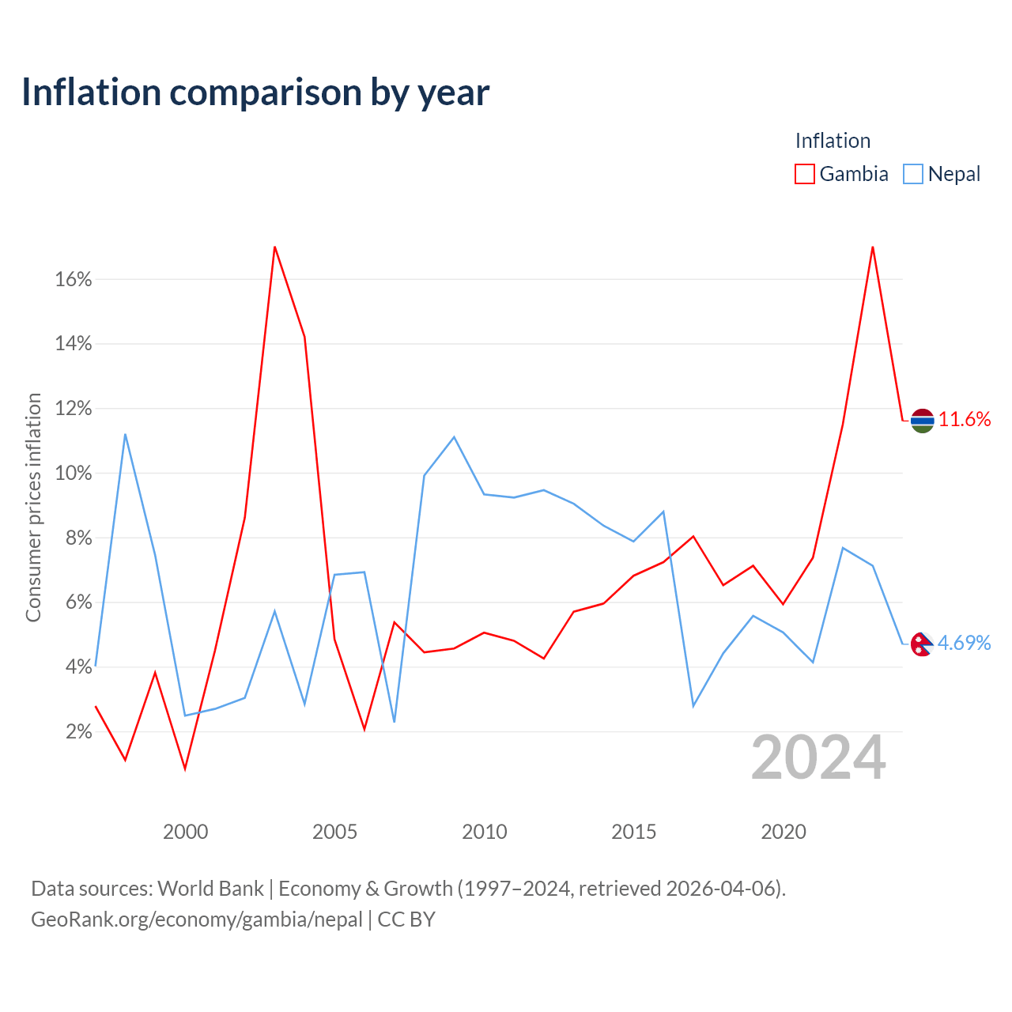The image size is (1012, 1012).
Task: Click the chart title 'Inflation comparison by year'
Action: pyautogui.click(x=255, y=93)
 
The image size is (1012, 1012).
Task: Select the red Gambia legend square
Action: pyautogui.click(x=805, y=174)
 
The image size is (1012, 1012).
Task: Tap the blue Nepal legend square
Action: pyautogui.click(x=912, y=174)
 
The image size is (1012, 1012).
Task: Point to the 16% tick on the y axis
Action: pyautogui.click(x=74, y=279)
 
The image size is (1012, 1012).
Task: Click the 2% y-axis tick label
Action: pyautogui.click(x=79, y=731)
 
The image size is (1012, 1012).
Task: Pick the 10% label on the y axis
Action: pyautogui.click(x=74, y=473)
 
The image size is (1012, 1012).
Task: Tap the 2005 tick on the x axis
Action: pyautogui.click(x=334, y=832)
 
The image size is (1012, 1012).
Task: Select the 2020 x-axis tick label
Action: pyautogui.click(x=784, y=832)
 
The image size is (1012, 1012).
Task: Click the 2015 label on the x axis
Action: pyautogui.click(x=634, y=832)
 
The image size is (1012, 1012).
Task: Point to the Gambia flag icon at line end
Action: pyautogui.click(x=922, y=421)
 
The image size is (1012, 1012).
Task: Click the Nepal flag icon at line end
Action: pyautogui.click(x=922, y=644)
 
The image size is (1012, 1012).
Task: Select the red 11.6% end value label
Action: pyautogui.click(x=965, y=420)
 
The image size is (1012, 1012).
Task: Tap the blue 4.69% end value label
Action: pyautogui.click(x=965, y=643)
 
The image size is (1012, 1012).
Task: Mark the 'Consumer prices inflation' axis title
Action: pyautogui.click(x=33, y=508)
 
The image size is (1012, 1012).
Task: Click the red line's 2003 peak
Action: pyautogui.click(x=274, y=247)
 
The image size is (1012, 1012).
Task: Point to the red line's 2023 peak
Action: pyautogui.click(x=873, y=247)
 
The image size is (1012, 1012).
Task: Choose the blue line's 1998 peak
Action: pyautogui.click(x=125, y=434)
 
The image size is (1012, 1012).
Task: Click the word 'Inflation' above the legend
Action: pyautogui.click(x=833, y=141)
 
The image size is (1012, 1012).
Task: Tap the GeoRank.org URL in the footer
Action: pyautogui.click(x=197, y=919)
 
